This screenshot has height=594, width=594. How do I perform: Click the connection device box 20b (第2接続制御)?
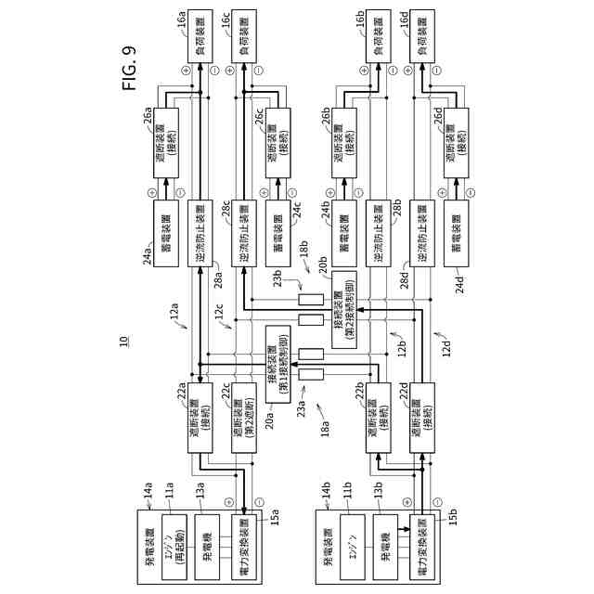(342, 306)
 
